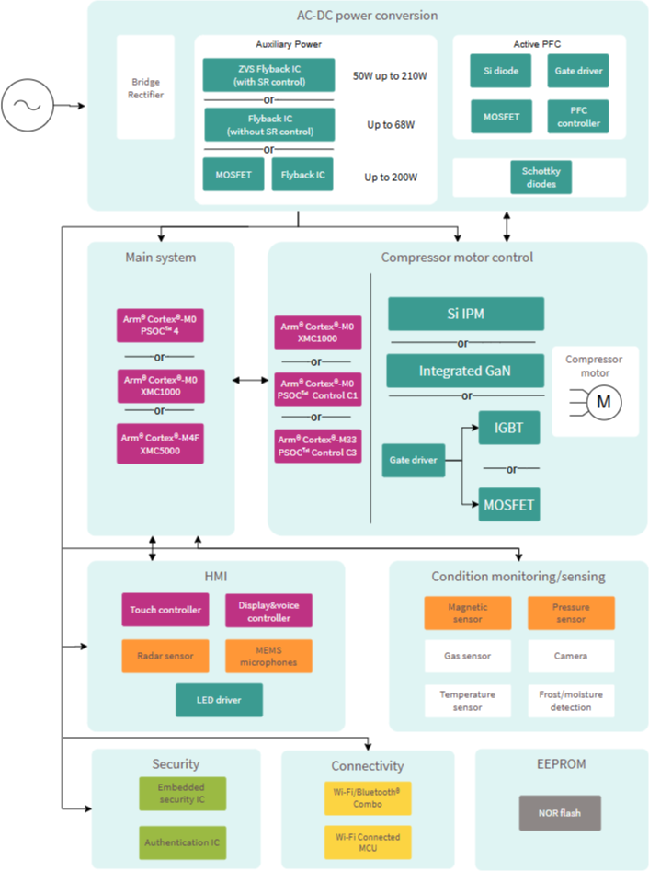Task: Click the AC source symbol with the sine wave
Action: [x=28, y=105]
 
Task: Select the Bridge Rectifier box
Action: [x=145, y=87]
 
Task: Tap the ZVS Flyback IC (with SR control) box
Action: [x=268, y=75]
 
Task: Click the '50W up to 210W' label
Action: [x=390, y=76]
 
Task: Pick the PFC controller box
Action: [x=578, y=117]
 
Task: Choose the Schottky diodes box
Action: [x=541, y=178]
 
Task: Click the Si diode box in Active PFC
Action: [x=501, y=71]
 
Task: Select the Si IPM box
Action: [x=466, y=314]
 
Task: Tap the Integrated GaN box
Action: [x=465, y=371]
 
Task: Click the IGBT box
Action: [x=509, y=428]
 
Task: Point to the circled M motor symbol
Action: [x=603, y=402]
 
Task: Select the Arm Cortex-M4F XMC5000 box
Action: [x=160, y=444]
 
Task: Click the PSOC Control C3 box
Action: [x=317, y=446]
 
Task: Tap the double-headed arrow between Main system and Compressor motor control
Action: [x=250, y=380]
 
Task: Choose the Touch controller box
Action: [x=165, y=610]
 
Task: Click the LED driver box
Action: [x=220, y=700]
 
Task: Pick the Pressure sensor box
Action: [x=571, y=613]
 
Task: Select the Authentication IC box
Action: [x=183, y=842]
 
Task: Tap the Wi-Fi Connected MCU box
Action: [x=368, y=842]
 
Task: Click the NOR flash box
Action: [x=560, y=813]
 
